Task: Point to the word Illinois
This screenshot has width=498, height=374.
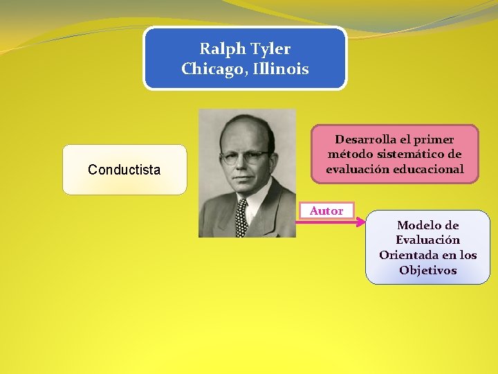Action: pos(280,69)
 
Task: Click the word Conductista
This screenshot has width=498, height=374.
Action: pos(124,170)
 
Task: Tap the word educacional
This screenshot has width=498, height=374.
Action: pos(430,170)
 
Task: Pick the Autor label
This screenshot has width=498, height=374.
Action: pos(326,211)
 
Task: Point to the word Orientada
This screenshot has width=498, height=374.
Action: pos(408,255)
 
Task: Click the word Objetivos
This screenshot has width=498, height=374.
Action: pos(428,270)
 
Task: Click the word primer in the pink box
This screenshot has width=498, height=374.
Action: pos(435,139)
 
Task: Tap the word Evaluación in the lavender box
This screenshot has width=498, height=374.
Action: pos(428,240)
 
